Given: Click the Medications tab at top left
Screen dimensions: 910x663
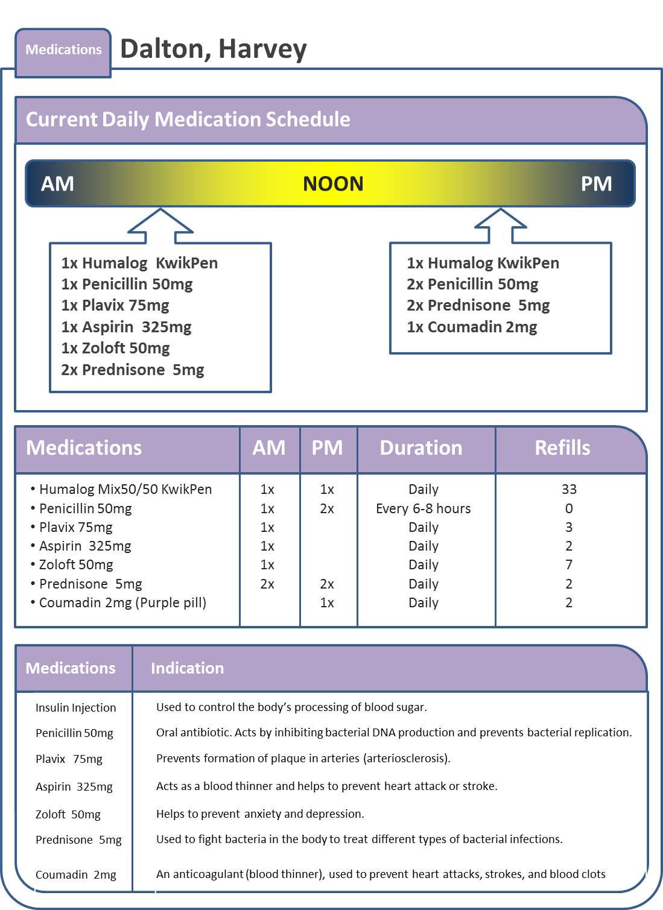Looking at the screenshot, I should (x=63, y=50).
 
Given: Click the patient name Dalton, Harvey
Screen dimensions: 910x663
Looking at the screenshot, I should (x=214, y=49).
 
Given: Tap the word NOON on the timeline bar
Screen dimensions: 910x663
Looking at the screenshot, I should (x=333, y=183).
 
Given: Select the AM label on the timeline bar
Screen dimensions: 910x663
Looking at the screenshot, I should (x=57, y=183).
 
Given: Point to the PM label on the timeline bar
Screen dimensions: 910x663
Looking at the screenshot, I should (x=596, y=183).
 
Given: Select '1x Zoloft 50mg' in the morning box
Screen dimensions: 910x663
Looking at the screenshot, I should (x=115, y=349).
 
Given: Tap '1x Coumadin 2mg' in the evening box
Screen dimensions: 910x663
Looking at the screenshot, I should (x=472, y=327).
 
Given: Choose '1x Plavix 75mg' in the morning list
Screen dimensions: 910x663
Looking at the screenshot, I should (x=115, y=305).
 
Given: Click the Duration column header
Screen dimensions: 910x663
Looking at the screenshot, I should (x=421, y=448).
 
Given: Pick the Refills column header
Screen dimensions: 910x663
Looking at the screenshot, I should (x=562, y=448).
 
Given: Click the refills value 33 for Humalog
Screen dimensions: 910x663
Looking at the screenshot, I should (x=569, y=489).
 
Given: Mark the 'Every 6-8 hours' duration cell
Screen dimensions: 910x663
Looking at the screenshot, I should (x=423, y=508).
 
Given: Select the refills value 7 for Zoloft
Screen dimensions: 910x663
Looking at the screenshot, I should (x=569, y=565).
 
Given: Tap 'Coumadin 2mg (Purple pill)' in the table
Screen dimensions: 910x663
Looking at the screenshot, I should (x=122, y=602).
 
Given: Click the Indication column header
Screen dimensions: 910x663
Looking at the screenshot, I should (x=187, y=668).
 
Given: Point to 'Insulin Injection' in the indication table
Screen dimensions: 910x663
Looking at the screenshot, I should (x=75, y=708).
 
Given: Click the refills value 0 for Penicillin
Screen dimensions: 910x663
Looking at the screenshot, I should (x=569, y=508).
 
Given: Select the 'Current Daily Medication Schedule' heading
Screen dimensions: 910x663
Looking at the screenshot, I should (x=188, y=119).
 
